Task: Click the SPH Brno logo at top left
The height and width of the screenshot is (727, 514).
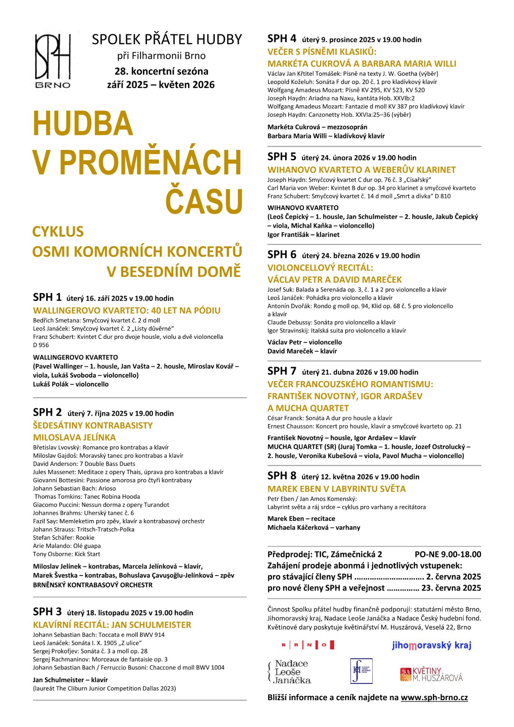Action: (53, 61)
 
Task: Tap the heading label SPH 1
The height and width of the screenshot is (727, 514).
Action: (47, 298)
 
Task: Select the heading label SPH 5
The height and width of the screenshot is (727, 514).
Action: (282, 157)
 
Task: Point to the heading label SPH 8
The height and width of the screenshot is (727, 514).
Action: (282, 476)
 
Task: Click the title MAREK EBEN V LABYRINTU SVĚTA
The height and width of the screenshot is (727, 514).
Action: (336, 489)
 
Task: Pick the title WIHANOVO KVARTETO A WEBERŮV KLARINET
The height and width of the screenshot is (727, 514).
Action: (361, 170)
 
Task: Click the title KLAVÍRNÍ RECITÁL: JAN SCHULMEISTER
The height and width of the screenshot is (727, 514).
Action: (112, 625)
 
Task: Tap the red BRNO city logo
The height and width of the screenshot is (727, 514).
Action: (308, 645)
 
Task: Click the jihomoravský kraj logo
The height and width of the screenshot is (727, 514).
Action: (431, 645)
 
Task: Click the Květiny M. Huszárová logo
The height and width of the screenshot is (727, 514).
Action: (431, 674)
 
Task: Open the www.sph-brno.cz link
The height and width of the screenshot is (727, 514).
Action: (434, 697)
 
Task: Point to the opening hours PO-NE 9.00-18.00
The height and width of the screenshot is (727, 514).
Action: (448, 554)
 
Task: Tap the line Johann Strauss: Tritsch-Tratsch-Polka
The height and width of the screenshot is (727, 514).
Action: (84, 529)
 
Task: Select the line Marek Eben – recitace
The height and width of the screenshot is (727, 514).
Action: (301, 518)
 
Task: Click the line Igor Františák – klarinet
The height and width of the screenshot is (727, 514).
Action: (303, 235)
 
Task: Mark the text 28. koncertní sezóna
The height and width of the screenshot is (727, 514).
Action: (161, 71)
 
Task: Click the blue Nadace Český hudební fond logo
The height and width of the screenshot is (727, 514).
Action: (361, 671)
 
